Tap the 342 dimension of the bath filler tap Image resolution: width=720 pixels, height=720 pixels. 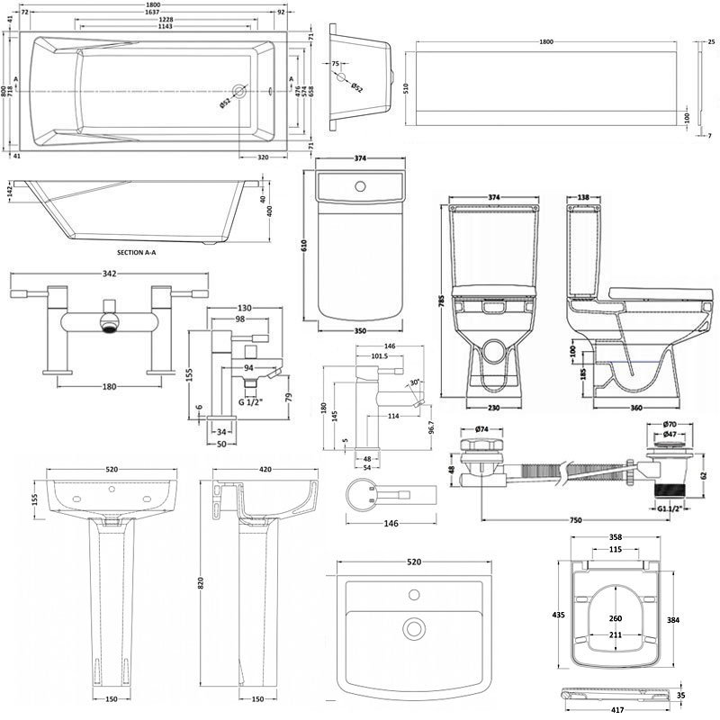tap(108, 273)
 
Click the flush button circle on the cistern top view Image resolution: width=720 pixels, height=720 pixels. tap(361, 187)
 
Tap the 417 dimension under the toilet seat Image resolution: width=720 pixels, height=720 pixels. tap(617, 709)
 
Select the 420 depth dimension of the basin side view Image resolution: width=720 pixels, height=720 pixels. tap(266, 470)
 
